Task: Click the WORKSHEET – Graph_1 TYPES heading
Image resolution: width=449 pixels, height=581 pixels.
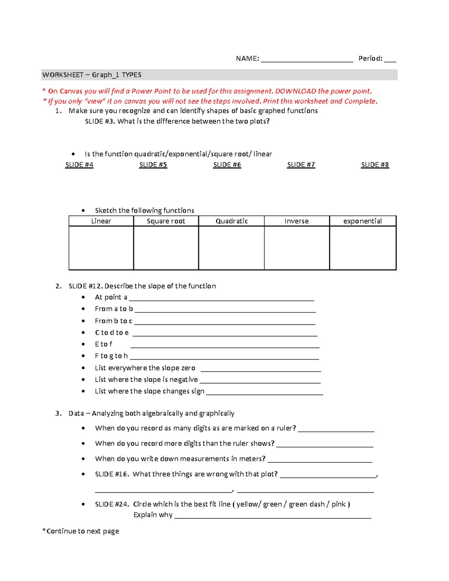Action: click(x=92, y=75)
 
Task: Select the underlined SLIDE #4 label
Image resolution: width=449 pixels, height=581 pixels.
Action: click(x=79, y=165)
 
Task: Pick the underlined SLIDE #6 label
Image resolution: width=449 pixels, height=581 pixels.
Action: click(x=227, y=165)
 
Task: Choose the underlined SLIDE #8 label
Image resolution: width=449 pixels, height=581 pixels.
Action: click(x=375, y=165)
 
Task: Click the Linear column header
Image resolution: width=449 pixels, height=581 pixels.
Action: click(x=101, y=221)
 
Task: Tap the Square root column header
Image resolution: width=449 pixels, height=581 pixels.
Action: click(x=166, y=221)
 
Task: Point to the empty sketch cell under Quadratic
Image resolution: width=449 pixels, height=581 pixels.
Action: click(x=231, y=248)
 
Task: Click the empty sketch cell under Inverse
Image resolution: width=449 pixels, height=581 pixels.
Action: click(x=297, y=248)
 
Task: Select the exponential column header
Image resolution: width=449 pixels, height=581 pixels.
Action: click(x=363, y=221)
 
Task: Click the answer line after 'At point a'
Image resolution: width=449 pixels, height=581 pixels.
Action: click(x=221, y=299)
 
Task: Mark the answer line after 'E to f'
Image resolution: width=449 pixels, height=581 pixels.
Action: click(x=224, y=346)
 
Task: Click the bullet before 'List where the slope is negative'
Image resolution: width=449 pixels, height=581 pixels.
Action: click(x=83, y=380)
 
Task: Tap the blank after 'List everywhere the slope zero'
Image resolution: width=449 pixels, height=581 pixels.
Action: click(x=261, y=370)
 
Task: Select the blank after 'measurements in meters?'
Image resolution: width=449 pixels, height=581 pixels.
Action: click(x=320, y=461)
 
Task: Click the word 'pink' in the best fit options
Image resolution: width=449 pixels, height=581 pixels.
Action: click(x=338, y=504)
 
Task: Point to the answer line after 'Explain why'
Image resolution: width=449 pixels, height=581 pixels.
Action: click(x=273, y=517)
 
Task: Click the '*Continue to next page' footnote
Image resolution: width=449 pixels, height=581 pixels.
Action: click(x=81, y=531)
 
